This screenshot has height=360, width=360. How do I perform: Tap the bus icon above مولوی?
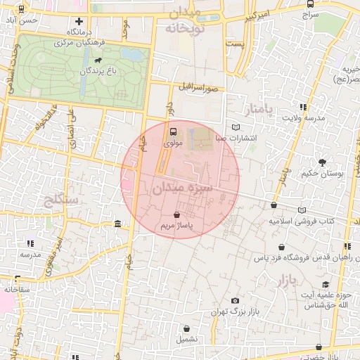coord(173,131)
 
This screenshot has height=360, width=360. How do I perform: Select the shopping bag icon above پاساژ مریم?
coord(176,214)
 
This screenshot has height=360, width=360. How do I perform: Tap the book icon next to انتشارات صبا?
coord(235,127)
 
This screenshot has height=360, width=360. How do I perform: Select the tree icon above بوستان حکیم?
coord(322,162)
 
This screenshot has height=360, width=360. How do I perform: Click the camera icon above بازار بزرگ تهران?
coord(235,300)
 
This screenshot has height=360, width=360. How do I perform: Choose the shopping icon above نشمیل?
coord(187,328)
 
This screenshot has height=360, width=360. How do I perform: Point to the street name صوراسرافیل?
coord(202,89)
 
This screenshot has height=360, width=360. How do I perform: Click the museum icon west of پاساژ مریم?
coord(116,224)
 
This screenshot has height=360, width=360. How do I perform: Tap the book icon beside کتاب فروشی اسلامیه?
coord(302,210)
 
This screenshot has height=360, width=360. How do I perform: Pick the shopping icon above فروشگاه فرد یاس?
coord(282,247)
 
